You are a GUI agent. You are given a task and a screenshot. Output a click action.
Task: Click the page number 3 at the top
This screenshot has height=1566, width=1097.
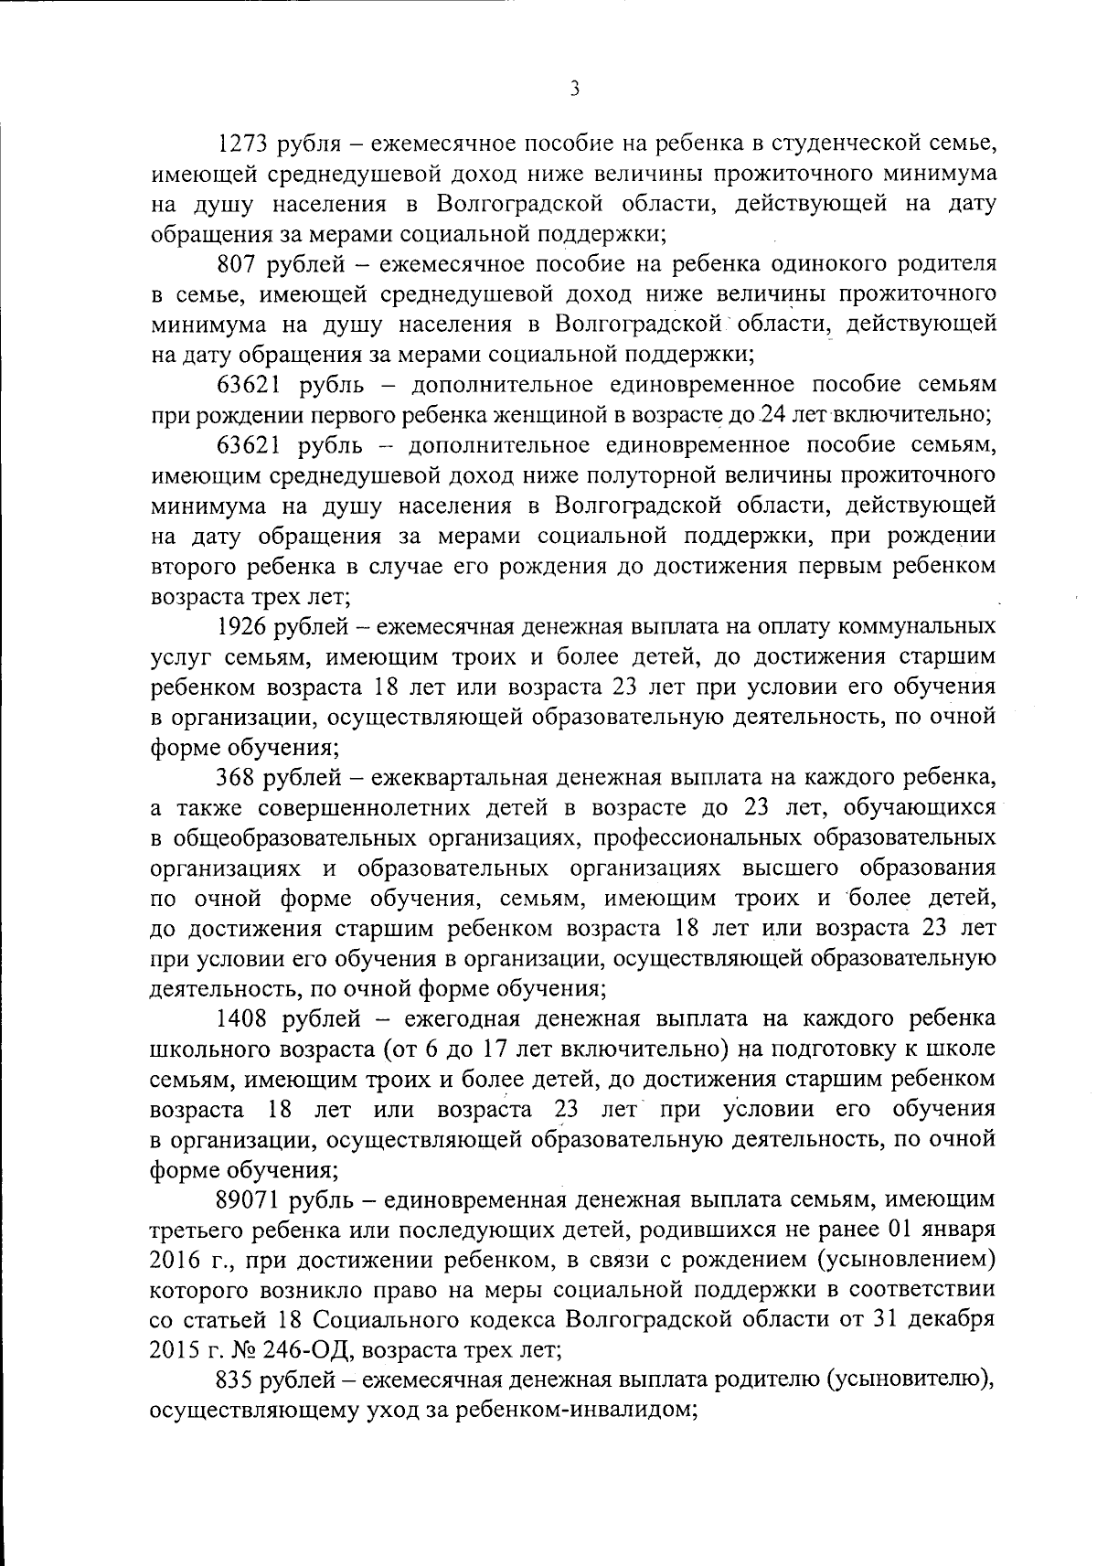574,89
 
